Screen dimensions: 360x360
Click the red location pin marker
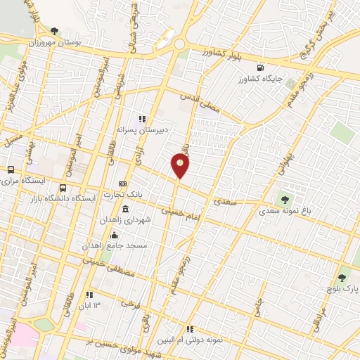[x=180, y=166]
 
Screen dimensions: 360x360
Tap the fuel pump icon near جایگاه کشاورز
[x=261, y=68]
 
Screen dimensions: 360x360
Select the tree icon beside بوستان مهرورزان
[x=55, y=31]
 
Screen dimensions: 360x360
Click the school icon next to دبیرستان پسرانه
[x=141, y=119]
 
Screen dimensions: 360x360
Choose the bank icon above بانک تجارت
[x=122, y=184]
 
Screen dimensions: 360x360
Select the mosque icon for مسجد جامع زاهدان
[x=113, y=235]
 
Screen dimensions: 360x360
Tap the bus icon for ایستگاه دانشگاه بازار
[x=63, y=188]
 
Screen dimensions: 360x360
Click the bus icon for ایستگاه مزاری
[x=11, y=169]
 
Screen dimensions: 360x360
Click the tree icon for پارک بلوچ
[x=342, y=277]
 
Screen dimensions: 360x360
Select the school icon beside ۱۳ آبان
[x=89, y=295]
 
